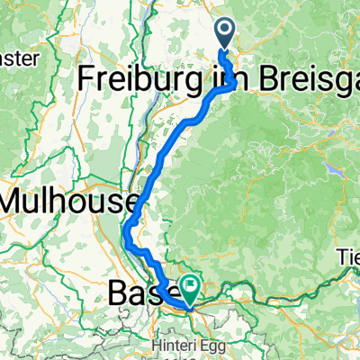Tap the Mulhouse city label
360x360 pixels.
click(x=68, y=200)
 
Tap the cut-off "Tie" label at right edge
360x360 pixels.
click(x=348, y=255)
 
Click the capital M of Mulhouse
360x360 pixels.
click(x=14, y=200)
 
